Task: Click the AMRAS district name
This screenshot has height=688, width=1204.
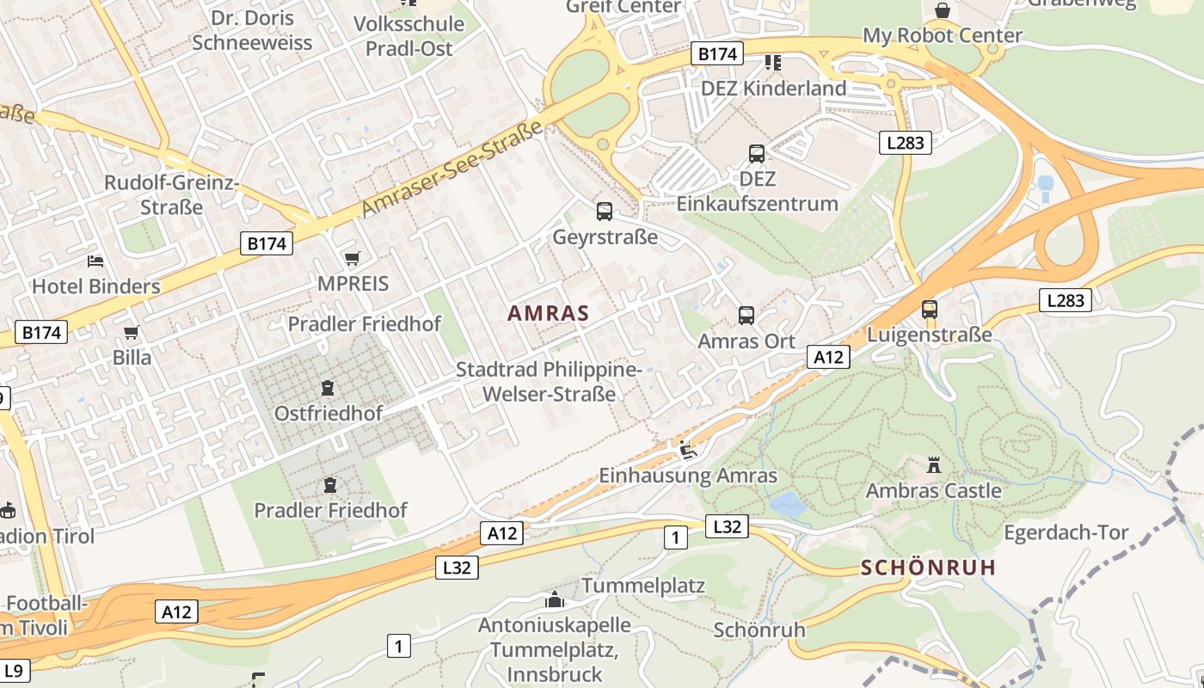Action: [548, 313]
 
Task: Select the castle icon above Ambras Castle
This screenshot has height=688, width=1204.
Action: [933, 466]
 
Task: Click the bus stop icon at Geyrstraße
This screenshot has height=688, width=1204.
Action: [605, 212]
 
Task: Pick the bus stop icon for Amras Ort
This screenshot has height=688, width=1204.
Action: [746, 316]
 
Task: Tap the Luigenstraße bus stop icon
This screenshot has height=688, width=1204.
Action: [929, 310]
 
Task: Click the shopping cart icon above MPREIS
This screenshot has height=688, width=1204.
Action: [352, 258]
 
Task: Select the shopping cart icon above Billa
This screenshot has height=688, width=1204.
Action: [131, 332]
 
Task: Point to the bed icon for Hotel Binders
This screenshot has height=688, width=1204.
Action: [95, 261]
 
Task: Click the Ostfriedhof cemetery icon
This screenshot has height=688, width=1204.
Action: [327, 389]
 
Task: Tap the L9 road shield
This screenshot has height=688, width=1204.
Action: [15, 670]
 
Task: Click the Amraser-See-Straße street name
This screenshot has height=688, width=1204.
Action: [452, 169]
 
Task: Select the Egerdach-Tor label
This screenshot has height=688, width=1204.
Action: [1066, 532]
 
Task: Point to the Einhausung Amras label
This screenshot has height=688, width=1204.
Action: [687, 476]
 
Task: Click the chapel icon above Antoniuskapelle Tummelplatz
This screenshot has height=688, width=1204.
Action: [555, 599]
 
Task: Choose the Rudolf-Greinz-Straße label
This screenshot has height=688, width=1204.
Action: [171, 195]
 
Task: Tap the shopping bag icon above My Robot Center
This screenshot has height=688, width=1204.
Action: [943, 10]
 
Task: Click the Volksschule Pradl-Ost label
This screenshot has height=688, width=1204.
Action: [409, 35]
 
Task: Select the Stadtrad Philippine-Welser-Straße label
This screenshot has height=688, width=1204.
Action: [549, 382]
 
